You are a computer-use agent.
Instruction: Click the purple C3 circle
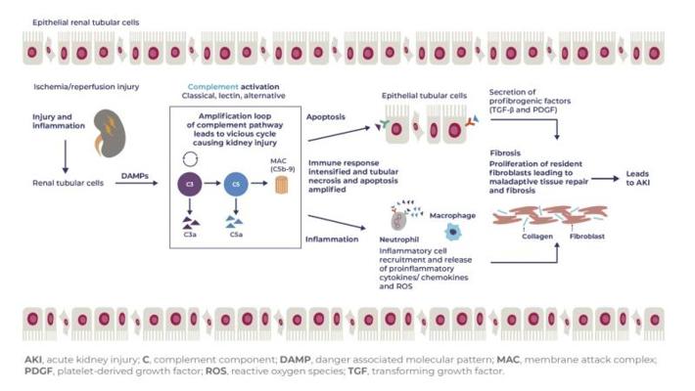190,184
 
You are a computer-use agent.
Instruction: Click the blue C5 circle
236,184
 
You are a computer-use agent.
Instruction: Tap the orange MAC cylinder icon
282,185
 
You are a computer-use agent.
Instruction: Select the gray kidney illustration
110,134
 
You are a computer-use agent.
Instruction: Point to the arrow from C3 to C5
212,184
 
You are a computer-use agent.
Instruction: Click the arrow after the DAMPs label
136,183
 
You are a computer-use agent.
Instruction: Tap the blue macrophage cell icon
452,232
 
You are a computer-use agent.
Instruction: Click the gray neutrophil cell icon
398,220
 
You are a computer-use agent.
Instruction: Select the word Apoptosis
326,117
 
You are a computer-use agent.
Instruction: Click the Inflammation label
332,239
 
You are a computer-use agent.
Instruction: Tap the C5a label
236,235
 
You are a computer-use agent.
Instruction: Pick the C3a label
190,235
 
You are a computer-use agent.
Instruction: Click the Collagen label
537,237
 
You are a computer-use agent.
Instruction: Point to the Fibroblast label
587,237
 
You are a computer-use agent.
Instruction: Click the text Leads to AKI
638,178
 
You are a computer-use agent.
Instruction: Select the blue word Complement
212,87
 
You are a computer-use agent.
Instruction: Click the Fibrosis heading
505,153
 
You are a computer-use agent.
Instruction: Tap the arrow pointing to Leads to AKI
605,179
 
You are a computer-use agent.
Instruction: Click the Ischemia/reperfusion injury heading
86,87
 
